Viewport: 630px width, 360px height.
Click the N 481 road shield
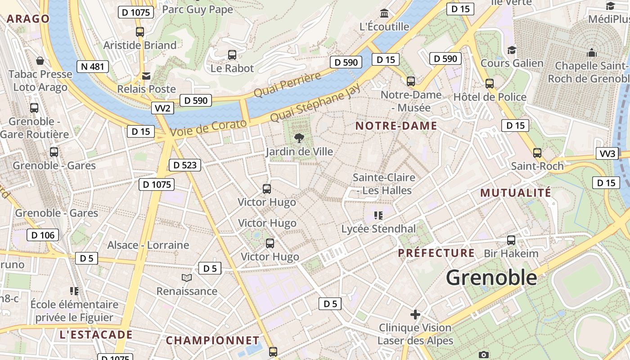93,67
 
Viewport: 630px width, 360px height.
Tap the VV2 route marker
162,108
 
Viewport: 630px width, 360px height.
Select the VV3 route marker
607,153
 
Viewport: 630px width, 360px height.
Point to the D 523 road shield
184,165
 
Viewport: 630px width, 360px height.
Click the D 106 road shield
43,235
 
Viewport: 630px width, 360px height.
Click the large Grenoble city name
491,278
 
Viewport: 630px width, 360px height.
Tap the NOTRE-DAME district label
396,126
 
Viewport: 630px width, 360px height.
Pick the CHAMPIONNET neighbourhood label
212,341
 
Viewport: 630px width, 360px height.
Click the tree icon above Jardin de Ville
298,138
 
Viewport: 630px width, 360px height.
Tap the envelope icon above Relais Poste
146,76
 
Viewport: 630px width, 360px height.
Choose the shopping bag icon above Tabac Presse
40,60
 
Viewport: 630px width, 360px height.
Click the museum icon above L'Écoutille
384,13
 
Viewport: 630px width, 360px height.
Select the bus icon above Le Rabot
232,55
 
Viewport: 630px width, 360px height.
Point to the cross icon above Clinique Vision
415,314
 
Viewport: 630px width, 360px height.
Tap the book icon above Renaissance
187,278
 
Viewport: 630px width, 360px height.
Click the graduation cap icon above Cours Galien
512,49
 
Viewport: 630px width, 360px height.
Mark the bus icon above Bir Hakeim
511,240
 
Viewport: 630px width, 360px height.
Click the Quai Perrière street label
288,84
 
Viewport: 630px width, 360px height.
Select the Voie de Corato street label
209,128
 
